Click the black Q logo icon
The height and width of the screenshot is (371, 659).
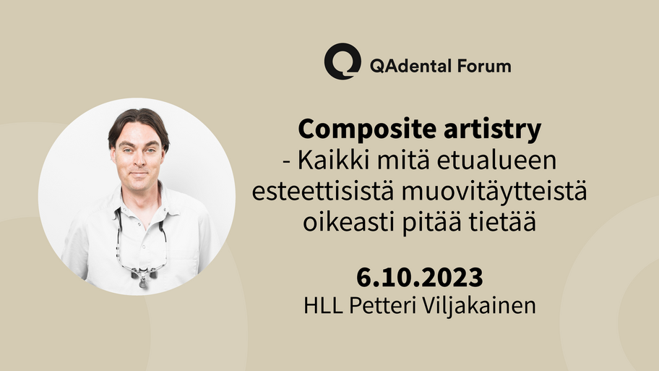(x=342, y=61)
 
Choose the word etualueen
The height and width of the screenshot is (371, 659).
(x=497, y=161)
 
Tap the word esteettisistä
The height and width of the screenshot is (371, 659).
(x=323, y=192)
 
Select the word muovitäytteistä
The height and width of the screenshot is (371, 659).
(x=494, y=192)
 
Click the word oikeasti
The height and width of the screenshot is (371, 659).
(x=349, y=223)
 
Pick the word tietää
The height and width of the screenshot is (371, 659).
(x=502, y=223)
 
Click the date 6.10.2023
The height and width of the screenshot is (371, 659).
(x=419, y=278)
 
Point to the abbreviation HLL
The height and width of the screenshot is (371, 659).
(x=323, y=306)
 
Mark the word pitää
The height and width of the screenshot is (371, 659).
(x=431, y=223)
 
